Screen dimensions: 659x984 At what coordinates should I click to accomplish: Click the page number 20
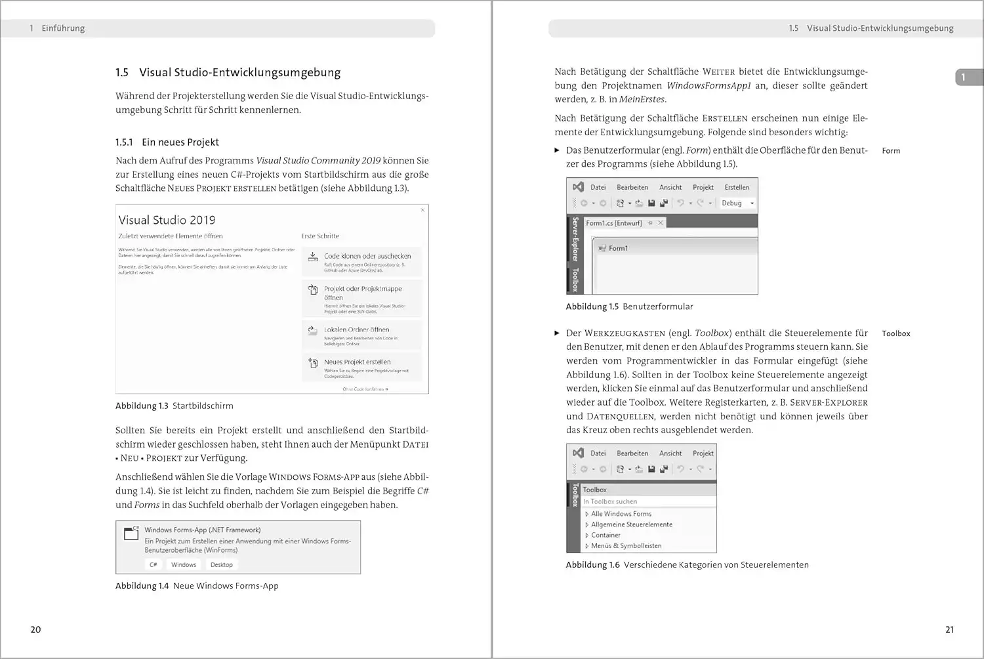(x=35, y=629)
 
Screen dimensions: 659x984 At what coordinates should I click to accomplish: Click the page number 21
(x=949, y=629)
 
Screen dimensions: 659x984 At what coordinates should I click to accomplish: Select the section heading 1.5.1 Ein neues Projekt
(x=167, y=142)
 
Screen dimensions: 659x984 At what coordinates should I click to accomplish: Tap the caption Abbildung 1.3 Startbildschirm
(x=174, y=406)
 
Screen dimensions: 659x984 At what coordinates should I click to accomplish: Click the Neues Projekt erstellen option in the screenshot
(x=357, y=362)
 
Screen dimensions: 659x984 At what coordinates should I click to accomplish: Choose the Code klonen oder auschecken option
(x=367, y=256)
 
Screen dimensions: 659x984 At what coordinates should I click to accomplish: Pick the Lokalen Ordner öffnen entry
(x=356, y=330)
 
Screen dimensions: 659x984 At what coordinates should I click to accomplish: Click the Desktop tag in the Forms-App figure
(x=221, y=565)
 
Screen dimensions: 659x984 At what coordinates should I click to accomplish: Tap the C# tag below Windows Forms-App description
(x=153, y=565)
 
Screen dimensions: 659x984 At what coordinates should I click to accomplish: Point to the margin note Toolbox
(x=895, y=334)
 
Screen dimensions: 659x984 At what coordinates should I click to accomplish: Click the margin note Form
(x=891, y=151)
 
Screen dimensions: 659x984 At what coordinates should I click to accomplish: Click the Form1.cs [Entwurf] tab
(x=614, y=223)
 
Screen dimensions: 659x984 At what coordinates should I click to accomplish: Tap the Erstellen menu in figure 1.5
(x=737, y=188)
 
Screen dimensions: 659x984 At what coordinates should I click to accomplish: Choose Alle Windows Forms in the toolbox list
(x=621, y=514)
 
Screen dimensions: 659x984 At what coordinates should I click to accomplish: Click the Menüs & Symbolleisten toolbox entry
(x=626, y=546)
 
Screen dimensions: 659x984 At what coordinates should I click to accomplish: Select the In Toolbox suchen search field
(x=648, y=501)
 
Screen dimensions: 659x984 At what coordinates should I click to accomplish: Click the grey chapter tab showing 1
(x=968, y=77)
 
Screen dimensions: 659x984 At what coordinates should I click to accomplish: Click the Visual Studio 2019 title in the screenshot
(x=167, y=221)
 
